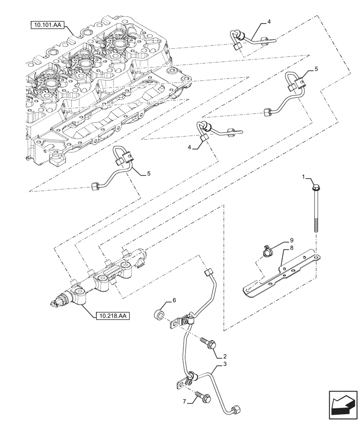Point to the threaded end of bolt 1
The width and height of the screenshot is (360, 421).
[x=315, y=225]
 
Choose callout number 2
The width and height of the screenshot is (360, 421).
[x=225, y=356]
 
